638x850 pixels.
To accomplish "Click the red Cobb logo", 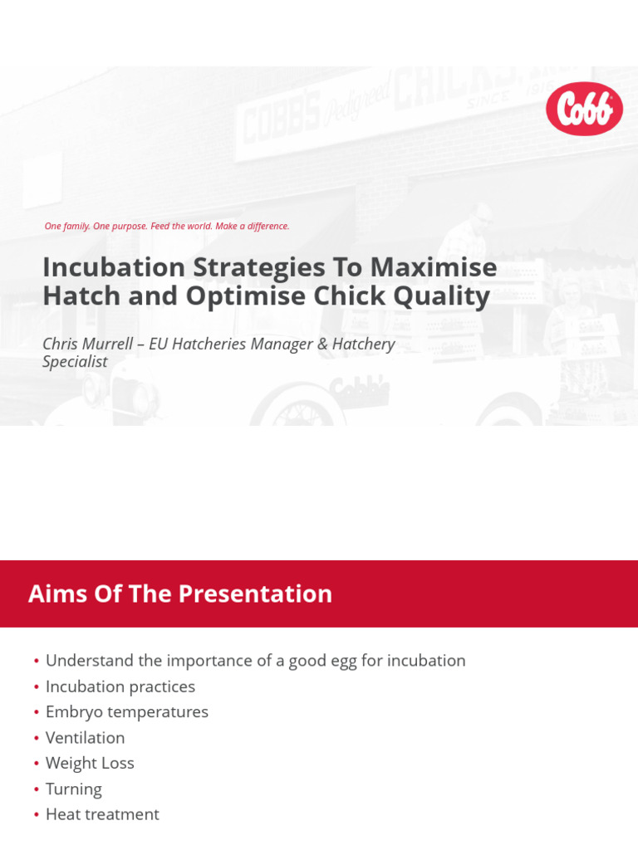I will tap(584, 109).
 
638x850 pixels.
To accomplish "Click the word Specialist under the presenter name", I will tap(75, 362).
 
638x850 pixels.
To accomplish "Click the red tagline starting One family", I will tap(167, 226).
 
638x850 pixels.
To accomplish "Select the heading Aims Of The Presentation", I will tap(180, 594).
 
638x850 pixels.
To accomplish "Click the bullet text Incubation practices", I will tap(120, 686).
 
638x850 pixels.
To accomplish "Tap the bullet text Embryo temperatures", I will tap(127, 712).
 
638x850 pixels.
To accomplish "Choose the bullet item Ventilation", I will tap(85, 738).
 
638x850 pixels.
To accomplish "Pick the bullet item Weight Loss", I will tap(90, 764).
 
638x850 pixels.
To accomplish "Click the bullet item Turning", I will tap(74, 789).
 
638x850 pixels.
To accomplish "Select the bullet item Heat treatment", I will tap(102, 815).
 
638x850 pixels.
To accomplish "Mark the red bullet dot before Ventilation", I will tap(37, 739).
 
